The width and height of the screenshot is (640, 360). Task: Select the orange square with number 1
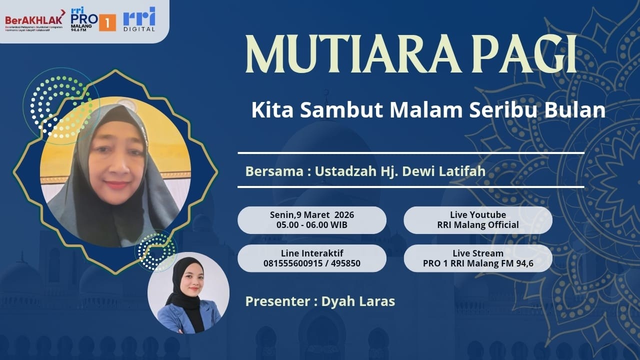point(107,22)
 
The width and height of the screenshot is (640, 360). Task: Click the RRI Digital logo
point(139,19)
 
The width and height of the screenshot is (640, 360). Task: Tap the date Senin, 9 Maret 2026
point(311,215)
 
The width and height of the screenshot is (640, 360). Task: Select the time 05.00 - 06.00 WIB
point(311,225)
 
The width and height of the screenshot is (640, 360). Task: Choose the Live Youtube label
point(477,215)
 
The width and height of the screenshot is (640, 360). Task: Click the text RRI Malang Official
point(477,225)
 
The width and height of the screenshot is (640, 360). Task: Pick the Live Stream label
point(477,253)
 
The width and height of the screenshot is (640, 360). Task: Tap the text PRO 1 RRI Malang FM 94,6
point(477,263)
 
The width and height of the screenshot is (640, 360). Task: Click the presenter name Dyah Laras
point(358,301)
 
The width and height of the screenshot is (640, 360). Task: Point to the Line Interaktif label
point(311,253)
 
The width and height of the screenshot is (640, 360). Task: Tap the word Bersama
point(273,171)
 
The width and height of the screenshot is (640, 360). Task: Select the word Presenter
point(278,301)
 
